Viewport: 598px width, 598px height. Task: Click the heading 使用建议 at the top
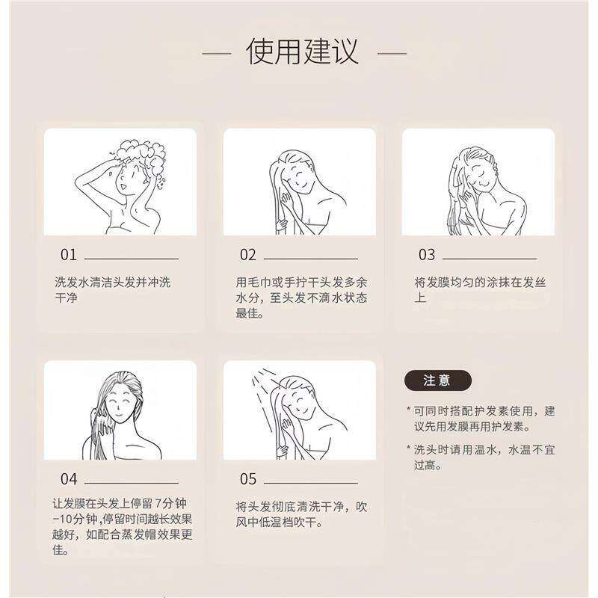click(x=303, y=52)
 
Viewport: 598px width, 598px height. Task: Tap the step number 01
click(x=69, y=255)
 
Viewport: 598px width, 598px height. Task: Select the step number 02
click(x=248, y=255)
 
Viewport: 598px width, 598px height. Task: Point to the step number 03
click(x=427, y=255)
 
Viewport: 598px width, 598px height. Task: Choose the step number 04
click(x=69, y=479)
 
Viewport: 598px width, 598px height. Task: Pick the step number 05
click(x=248, y=479)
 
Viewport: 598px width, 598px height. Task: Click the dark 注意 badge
click(x=438, y=380)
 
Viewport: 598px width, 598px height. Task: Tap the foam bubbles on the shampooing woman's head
click(x=141, y=155)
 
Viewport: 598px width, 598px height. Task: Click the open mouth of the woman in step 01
click(x=123, y=187)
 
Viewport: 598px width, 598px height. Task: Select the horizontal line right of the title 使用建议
click(x=392, y=54)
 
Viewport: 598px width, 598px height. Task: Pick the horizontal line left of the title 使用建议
click(x=217, y=54)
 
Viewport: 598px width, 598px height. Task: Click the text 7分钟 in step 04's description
click(x=171, y=503)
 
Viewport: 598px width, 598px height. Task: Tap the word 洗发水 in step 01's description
click(x=72, y=283)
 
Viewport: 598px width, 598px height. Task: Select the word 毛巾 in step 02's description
click(x=259, y=283)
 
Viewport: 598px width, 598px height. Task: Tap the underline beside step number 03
click(x=490, y=259)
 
